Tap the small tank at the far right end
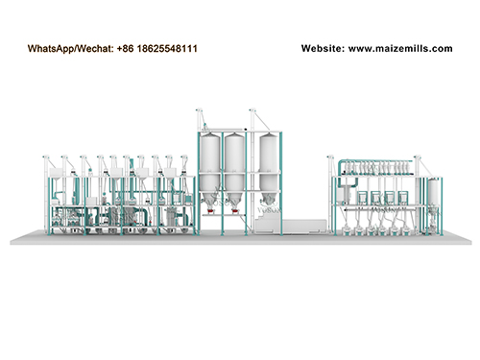pos(433,198)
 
